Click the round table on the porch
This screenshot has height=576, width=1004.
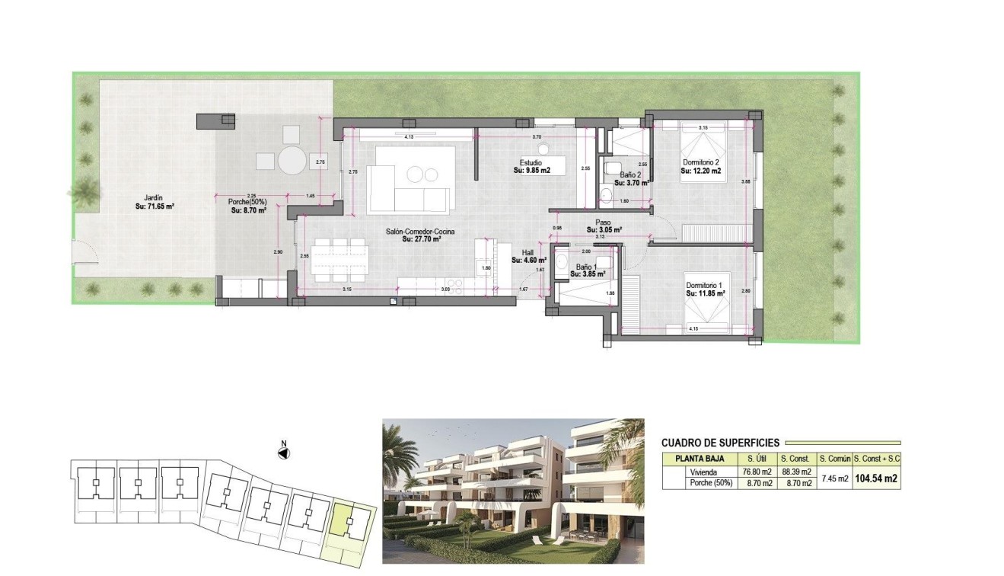pyautogui.click(x=292, y=161)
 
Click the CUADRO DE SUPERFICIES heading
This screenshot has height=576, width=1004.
pyautogui.click(x=720, y=443)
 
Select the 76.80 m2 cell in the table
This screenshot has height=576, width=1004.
pyautogui.click(x=757, y=472)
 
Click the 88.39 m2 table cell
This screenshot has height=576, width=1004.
pyautogui.click(x=795, y=472)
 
